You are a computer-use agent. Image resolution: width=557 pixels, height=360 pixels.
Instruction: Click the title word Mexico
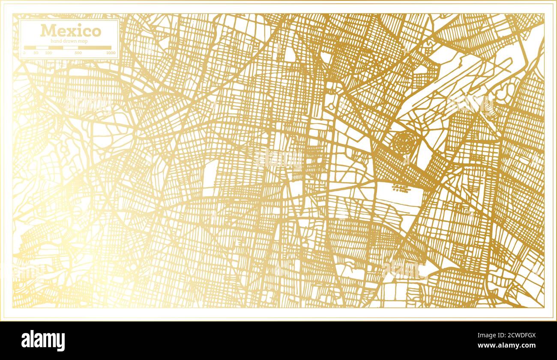(x=71, y=31)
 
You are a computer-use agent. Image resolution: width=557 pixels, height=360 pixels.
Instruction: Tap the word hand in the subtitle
(x=56, y=41)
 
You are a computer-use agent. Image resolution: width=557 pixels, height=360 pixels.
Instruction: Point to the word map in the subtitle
(x=83, y=41)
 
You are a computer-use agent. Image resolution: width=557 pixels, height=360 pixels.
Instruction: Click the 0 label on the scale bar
(x=24, y=53)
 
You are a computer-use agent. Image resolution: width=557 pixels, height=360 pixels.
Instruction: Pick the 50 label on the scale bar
(x=36, y=53)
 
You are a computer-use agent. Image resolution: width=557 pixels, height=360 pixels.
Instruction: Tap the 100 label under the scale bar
(x=48, y=53)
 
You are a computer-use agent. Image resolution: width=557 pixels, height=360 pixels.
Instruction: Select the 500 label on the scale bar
(x=78, y=53)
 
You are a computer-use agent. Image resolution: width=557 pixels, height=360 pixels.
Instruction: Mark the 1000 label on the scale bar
(x=111, y=53)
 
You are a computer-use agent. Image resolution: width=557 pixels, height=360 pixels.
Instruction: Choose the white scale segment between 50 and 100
(x=42, y=48)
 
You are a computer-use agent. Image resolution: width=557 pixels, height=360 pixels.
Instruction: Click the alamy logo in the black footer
(x=43, y=341)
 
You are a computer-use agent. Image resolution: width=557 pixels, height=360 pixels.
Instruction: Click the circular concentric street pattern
(x=405, y=143)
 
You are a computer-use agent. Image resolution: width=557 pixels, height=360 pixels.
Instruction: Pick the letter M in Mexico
(x=47, y=31)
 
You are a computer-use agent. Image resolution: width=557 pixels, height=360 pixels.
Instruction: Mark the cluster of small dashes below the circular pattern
(x=399, y=188)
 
